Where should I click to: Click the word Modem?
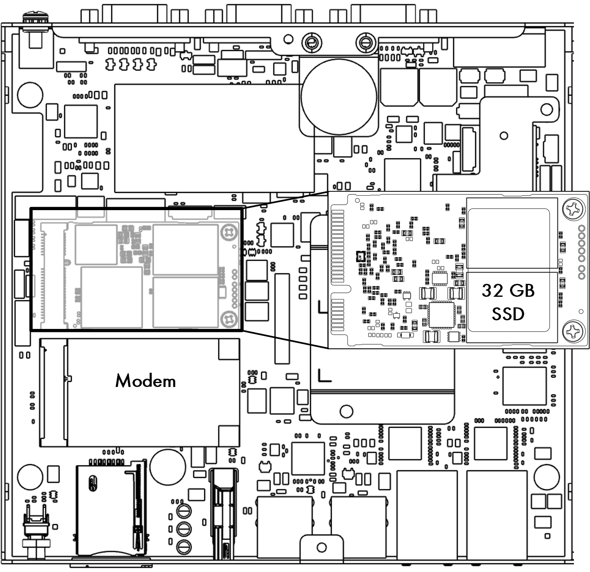(x=145, y=381)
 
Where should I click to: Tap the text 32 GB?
(x=508, y=291)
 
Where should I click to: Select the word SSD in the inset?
(x=508, y=314)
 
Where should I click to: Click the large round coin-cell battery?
(x=339, y=97)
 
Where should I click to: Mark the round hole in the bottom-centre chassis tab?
(x=321, y=547)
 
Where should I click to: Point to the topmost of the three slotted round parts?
(x=184, y=511)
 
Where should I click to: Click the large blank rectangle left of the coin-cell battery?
(x=214, y=138)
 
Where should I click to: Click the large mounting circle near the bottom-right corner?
(x=547, y=477)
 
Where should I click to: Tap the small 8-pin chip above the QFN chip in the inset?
(x=439, y=278)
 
